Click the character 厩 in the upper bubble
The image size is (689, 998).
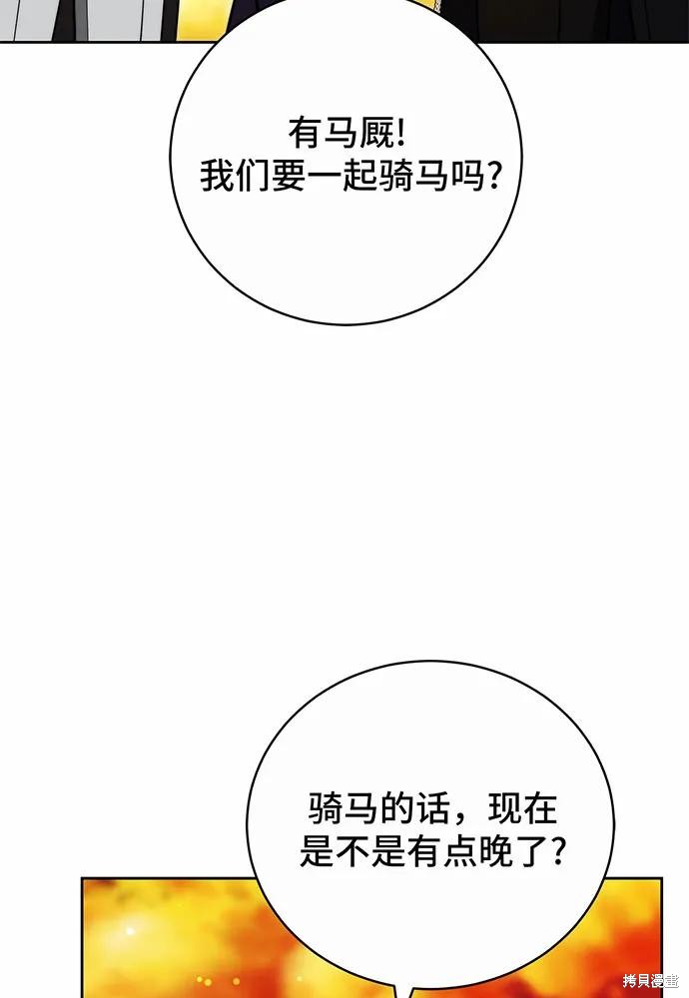(377, 134)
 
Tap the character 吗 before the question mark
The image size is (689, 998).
(468, 176)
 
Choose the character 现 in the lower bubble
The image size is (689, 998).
(505, 808)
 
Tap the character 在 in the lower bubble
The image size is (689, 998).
(541, 808)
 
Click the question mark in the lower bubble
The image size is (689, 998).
(557, 850)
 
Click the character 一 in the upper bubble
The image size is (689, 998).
(326, 176)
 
